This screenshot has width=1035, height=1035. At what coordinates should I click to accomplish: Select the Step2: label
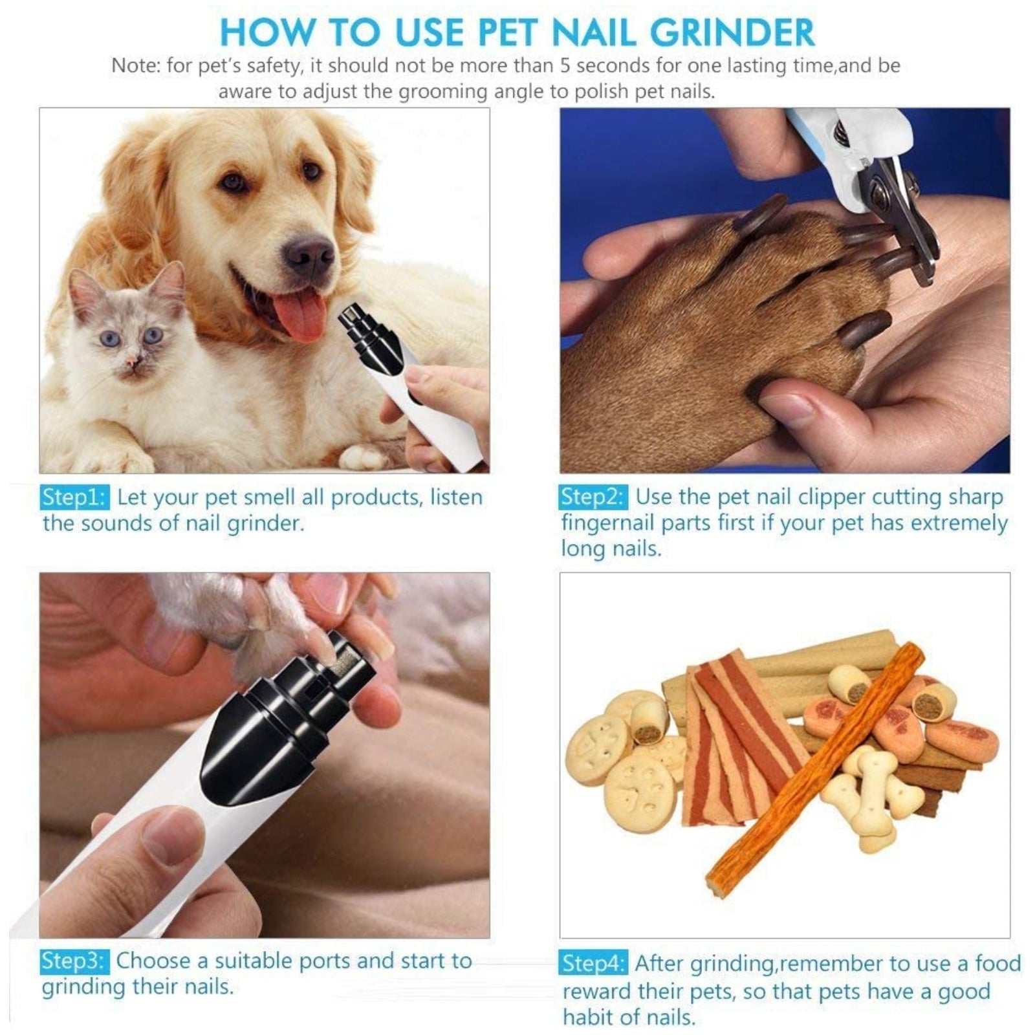(593, 497)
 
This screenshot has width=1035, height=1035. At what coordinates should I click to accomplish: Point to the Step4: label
(593, 963)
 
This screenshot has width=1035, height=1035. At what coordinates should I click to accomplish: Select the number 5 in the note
(567, 65)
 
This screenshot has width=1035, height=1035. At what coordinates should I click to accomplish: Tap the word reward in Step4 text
(596, 991)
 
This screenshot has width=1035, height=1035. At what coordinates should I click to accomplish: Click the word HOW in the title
(267, 32)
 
